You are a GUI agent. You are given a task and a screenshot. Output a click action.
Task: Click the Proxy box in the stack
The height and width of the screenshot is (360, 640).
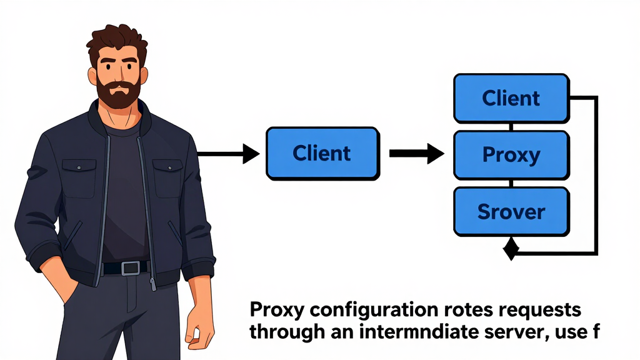[511, 154]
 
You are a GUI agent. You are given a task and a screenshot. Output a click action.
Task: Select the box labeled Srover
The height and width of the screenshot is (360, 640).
[511, 211]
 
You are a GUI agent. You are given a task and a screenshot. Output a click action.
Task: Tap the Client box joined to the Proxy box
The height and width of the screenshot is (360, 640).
[511, 98]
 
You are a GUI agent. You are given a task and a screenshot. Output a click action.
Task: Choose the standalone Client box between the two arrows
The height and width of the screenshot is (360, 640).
[322, 153]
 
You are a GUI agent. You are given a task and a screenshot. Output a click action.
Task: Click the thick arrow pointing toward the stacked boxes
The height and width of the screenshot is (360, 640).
[416, 153]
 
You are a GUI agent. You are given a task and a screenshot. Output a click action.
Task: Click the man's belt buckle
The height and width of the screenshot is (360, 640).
[131, 267]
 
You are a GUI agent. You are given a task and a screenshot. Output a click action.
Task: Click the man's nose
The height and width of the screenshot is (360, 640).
[119, 72]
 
